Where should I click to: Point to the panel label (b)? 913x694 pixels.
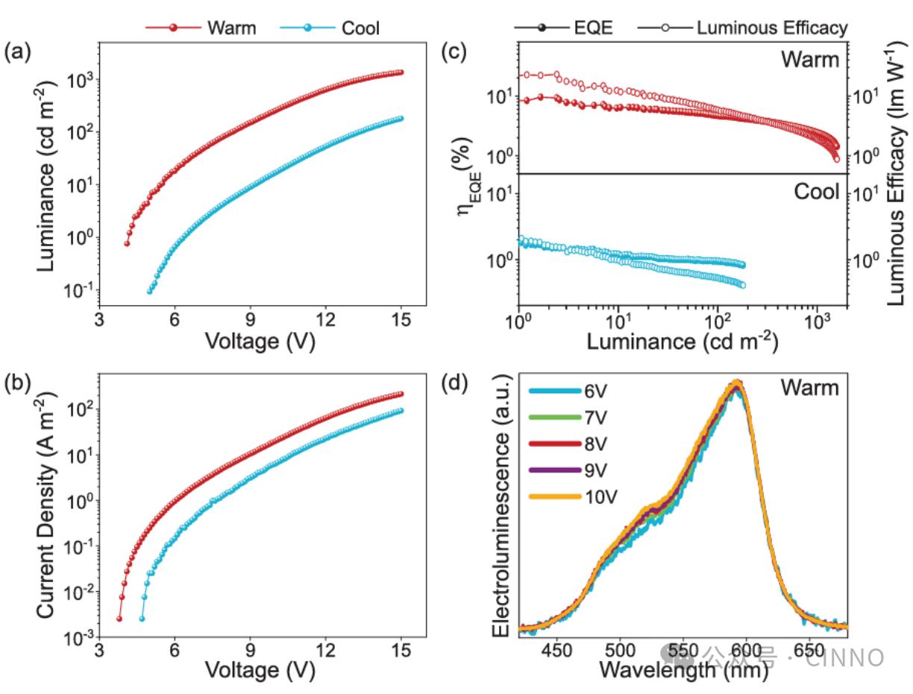(x=19, y=384)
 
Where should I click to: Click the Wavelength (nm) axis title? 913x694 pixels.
(x=683, y=669)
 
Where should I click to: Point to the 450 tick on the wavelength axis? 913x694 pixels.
(x=556, y=650)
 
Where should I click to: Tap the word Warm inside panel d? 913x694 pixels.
(x=809, y=388)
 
